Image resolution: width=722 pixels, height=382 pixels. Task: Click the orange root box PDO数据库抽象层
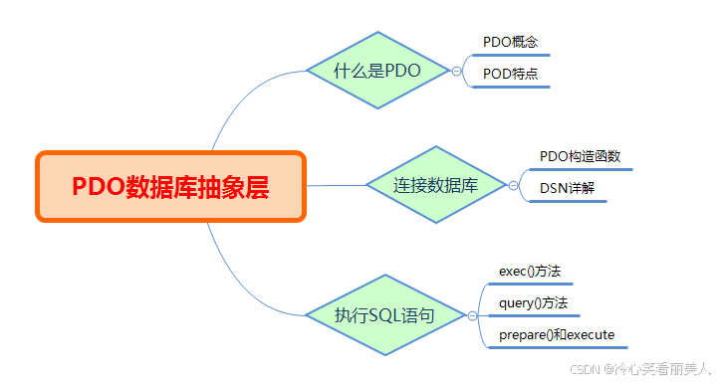[170, 187]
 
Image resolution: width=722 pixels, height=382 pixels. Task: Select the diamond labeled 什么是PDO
[377, 71]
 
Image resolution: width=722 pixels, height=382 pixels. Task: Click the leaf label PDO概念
[510, 43]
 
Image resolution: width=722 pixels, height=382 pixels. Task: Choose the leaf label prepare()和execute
[557, 334]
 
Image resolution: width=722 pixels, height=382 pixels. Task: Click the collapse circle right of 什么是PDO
[456, 71]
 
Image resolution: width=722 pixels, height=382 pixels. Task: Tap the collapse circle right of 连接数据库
[513, 185]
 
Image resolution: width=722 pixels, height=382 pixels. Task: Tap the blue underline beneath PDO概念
[510, 56]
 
